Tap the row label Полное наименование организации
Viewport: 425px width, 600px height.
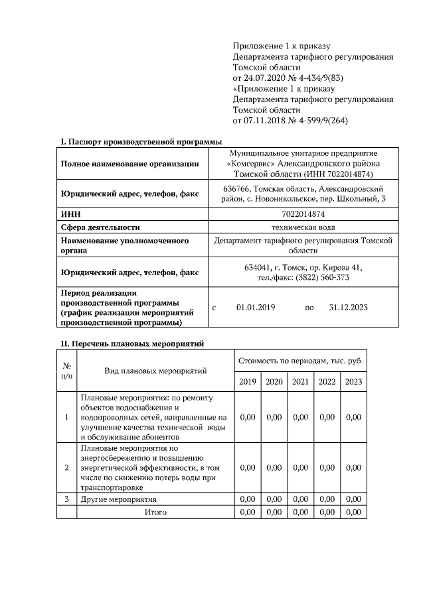click(x=129, y=164)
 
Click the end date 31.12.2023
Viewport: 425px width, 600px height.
click(x=348, y=307)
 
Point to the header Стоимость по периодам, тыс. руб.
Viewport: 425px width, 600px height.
click(x=300, y=360)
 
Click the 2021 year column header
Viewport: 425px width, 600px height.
click(x=300, y=382)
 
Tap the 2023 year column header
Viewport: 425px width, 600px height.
click(x=353, y=382)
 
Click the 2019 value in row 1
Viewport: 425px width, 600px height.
click(x=247, y=417)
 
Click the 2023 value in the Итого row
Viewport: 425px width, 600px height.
click(x=353, y=512)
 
